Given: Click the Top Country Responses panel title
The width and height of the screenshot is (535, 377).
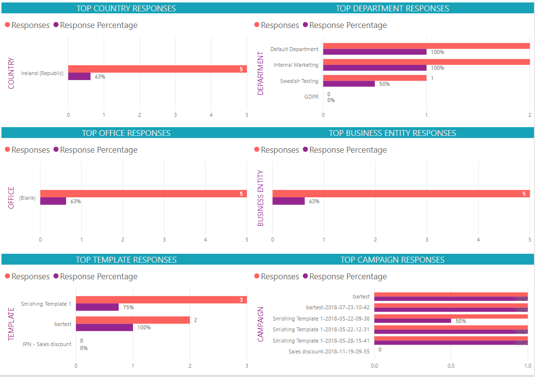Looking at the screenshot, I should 126,8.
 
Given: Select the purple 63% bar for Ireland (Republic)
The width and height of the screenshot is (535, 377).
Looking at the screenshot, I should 79,77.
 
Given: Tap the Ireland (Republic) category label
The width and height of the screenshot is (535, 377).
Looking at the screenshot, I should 42,73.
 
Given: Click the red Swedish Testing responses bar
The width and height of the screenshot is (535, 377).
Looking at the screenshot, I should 374,78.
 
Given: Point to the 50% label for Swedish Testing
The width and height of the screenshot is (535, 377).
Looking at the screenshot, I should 384,84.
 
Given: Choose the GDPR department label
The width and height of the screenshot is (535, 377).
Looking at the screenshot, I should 311,97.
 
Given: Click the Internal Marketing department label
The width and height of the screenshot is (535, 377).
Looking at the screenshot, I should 296,65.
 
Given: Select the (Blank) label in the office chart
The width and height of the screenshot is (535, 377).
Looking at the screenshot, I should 27,198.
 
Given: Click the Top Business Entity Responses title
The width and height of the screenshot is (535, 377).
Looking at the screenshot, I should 392,133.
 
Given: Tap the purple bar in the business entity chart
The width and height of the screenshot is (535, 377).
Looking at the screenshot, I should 288,201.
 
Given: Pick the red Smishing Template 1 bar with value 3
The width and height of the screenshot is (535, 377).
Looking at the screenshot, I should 161,300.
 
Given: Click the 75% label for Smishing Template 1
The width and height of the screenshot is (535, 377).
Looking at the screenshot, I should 128,307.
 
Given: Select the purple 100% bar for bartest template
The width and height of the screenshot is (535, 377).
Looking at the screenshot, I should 104,327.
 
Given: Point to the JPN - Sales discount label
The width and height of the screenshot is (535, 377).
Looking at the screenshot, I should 47,344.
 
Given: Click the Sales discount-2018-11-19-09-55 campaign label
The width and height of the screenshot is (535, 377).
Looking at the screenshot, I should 329,351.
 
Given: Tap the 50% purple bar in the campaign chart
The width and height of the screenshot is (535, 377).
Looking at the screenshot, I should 412,321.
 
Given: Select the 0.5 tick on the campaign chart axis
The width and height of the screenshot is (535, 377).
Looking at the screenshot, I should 451,366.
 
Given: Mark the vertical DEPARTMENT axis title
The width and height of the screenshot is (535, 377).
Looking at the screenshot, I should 260,73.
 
